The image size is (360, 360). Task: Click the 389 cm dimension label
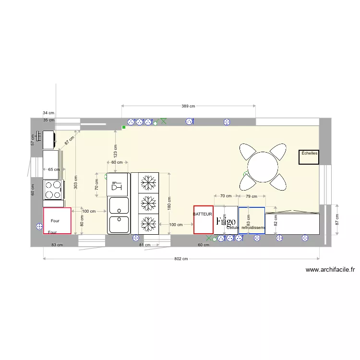(x=188, y=106)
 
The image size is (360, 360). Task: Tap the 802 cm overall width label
(x=180, y=259)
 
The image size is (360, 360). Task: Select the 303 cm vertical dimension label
(x=76, y=182)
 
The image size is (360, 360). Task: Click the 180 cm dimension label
(x=169, y=204)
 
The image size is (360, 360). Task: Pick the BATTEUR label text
(x=203, y=214)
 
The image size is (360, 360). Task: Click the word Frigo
(x=226, y=222)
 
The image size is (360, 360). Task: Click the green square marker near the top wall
(x=124, y=127)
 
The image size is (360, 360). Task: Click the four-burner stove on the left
(x=53, y=189)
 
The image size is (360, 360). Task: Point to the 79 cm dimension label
(x=252, y=196)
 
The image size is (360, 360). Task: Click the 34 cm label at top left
(x=48, y=113)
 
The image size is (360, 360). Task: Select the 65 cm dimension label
(x=54, y=169)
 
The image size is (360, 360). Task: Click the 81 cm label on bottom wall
(x=144, y=245)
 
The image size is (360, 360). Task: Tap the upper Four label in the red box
(x=55, y=221)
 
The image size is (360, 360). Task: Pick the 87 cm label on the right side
(x=337, y=220)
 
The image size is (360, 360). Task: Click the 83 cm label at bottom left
(x=57, y=245)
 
